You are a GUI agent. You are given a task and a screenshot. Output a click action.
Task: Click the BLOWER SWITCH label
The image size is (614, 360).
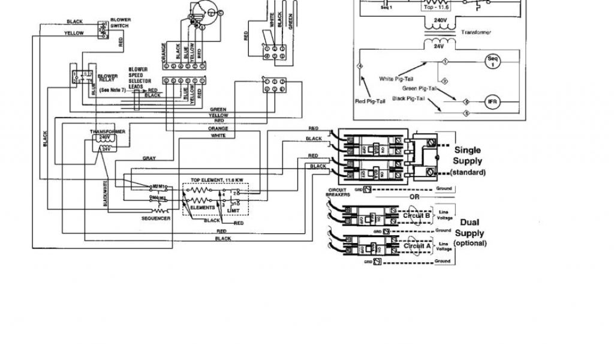[x=121, y=23]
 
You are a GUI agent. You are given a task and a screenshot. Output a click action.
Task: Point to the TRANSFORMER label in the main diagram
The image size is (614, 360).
[x=108, y=131]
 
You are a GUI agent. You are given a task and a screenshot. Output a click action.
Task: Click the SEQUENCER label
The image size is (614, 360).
[x=157, y=218]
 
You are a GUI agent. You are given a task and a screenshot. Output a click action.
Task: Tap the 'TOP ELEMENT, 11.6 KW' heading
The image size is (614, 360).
[x=217, y=180]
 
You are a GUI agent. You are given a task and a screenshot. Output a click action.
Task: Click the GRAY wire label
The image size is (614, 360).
[x=149, y=158]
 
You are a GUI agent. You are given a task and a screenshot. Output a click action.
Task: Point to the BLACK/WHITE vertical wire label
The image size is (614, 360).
[x=106, y=194]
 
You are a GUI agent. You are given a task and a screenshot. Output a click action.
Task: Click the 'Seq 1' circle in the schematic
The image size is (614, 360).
[x=494, y=62]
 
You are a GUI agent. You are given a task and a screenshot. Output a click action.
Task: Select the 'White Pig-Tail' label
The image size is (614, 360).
[x=395, y=79]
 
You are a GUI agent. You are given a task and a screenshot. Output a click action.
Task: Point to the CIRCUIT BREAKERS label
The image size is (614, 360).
[x=339, y=193]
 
